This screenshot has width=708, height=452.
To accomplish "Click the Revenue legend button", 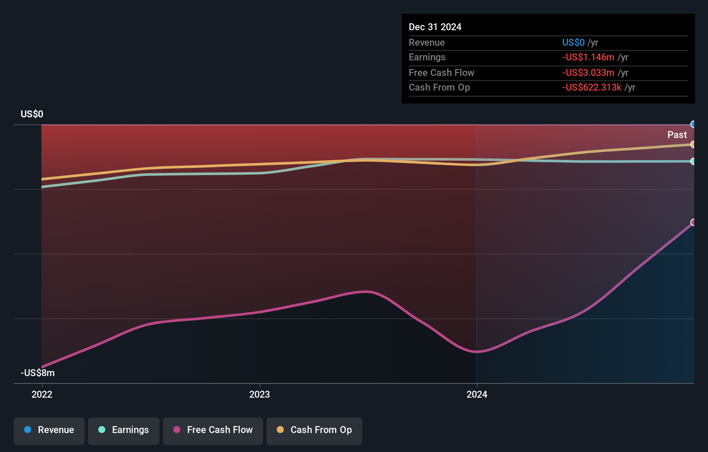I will (49, 430).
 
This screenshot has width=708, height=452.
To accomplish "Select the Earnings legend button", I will (124, 430).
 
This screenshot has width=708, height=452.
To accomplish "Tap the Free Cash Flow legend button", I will (213, 430).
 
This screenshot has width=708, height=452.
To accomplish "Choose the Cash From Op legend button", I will (314, 430).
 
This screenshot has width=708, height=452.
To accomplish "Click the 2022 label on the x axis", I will (42, 395).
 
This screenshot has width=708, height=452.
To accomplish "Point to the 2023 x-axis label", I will (260, 395).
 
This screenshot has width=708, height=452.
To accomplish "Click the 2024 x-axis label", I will (477, 395).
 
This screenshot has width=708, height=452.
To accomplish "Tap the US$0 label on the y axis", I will (32, 114).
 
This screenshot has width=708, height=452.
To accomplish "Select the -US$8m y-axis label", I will (38, 373).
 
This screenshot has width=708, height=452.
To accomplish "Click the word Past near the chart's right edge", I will (677, 135).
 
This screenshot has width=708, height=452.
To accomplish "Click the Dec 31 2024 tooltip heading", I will (435, 27).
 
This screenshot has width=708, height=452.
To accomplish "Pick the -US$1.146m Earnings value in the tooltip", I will (588, 57).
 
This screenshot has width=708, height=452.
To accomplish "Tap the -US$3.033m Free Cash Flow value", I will (588, 73).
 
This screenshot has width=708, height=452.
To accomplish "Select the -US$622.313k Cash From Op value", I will (592, 88).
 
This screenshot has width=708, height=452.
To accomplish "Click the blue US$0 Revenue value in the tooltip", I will (573, 43).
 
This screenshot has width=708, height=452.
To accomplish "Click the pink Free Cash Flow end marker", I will (693, 223).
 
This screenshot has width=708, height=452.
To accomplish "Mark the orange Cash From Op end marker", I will (693, 144).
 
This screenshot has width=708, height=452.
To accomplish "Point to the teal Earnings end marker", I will (693, 161).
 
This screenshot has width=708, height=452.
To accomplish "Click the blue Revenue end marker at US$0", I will (693, 125).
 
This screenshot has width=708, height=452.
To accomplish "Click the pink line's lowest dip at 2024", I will (476, 352).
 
